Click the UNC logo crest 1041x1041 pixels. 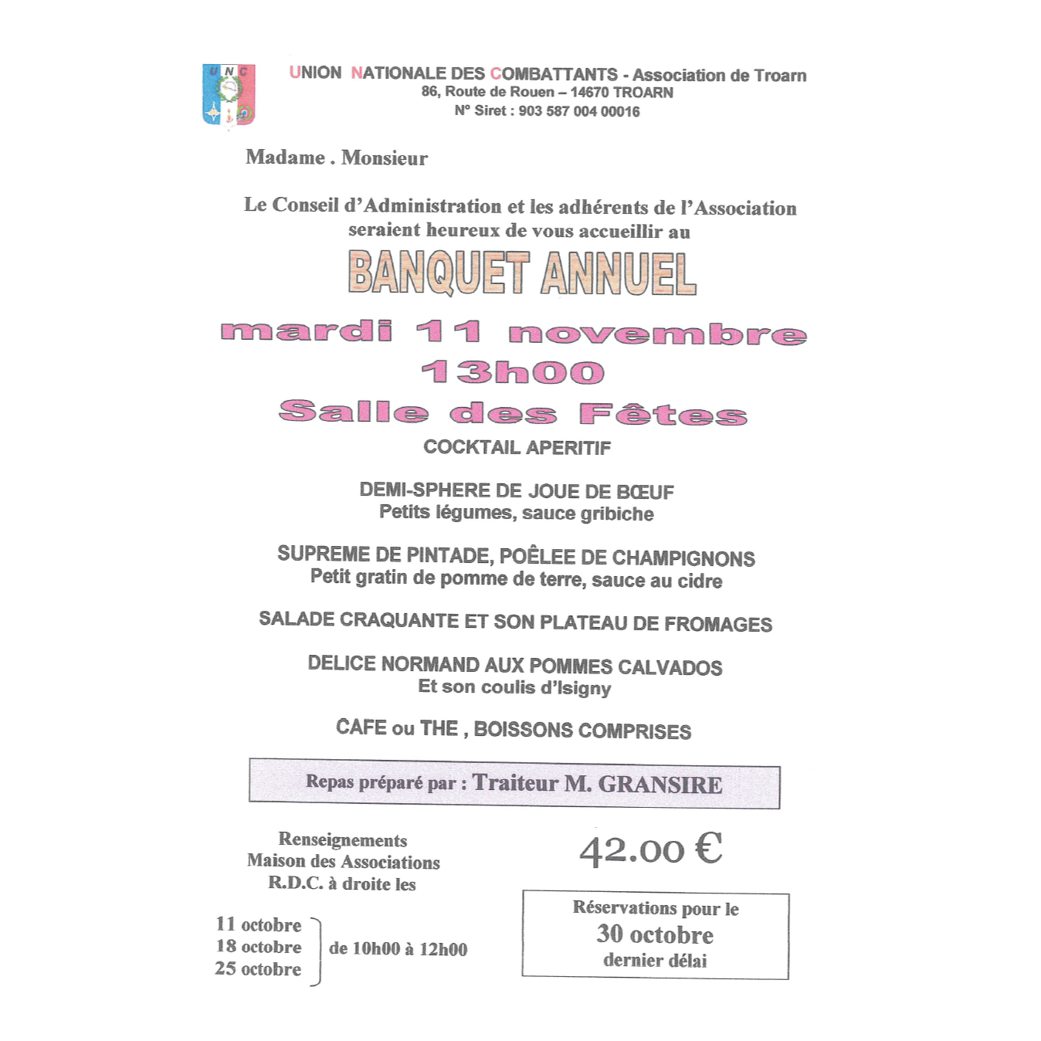pos(229,94)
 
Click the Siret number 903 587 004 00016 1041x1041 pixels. pos(579,111)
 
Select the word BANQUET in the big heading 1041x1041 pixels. pos(438,273)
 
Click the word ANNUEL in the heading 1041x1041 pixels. pos(619,274)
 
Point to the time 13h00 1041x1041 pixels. pos(513,372)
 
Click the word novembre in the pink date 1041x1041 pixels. pos(657,334)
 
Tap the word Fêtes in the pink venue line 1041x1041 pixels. pos(663,414)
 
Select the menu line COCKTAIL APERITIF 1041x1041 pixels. pos(517,448)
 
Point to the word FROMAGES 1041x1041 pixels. pos(718,624)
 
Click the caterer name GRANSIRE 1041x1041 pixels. pos(660,785)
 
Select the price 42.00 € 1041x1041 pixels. pos(651,849)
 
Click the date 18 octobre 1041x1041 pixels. pos(259,947)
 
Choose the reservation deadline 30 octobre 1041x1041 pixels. pos(655,935)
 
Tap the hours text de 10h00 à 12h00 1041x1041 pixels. pos(398,949)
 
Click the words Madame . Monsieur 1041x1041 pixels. pos(337,158)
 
